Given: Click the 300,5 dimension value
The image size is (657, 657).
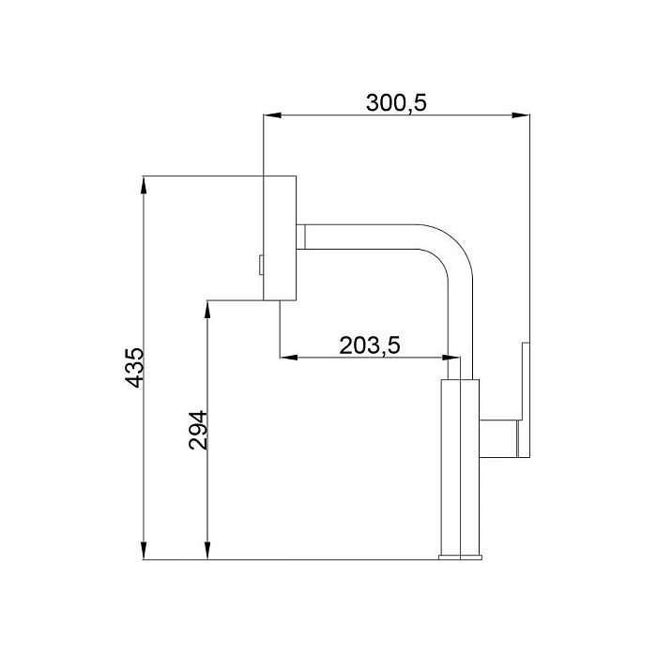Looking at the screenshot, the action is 396,102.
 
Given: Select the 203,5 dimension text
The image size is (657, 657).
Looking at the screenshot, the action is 370,345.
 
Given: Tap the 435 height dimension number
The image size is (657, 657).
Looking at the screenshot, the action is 135,368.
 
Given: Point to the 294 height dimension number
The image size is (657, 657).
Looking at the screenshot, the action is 198,430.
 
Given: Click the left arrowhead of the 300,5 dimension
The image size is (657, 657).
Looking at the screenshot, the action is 272,115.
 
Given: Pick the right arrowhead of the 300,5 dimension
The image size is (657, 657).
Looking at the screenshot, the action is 521,115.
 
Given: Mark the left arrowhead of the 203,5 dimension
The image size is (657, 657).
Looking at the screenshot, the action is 289,358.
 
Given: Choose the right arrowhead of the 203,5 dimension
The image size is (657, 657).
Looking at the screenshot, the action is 451,358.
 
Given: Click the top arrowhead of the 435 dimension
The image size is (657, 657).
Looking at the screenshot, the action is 144,185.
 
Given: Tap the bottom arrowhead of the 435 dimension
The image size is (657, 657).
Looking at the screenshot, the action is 144,550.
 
